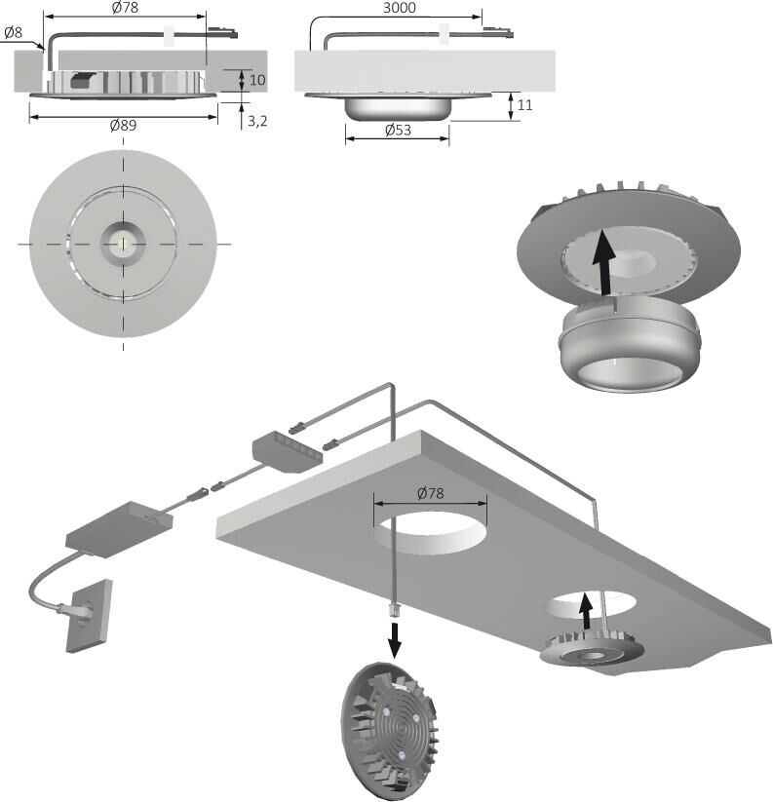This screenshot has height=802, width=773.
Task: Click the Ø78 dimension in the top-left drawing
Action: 125,9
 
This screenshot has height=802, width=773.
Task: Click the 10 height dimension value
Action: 257,80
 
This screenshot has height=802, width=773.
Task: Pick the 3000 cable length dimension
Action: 399,9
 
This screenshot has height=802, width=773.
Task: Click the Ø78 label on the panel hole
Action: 429,493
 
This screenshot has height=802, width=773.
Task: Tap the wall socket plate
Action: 89,616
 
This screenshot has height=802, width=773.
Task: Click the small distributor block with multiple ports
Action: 287,450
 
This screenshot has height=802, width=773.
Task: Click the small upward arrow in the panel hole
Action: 586,611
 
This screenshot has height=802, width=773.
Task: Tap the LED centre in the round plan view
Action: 123,241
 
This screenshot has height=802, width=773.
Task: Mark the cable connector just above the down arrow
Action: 395,611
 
